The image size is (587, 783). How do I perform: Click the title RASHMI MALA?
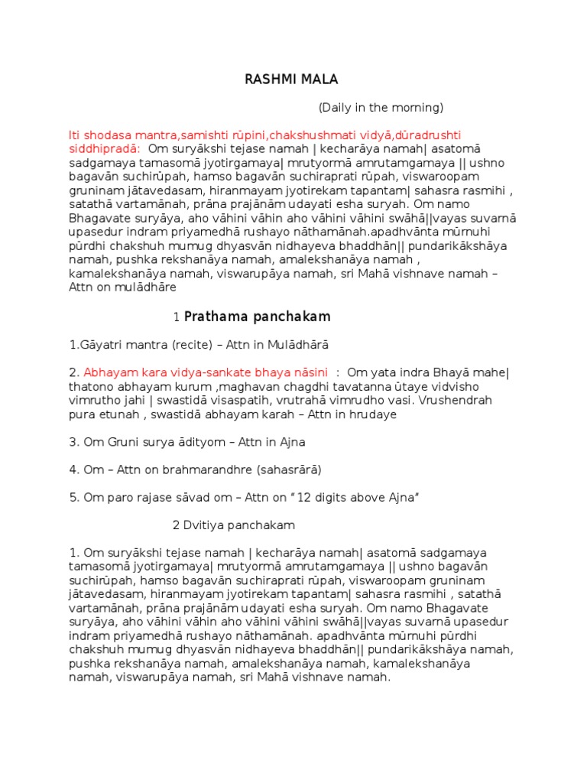click(280, 79)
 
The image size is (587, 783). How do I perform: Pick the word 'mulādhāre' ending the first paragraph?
click(150, 287)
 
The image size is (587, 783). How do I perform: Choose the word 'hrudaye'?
click(373, 414)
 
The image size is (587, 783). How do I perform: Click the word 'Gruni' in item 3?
click(122, 442)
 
